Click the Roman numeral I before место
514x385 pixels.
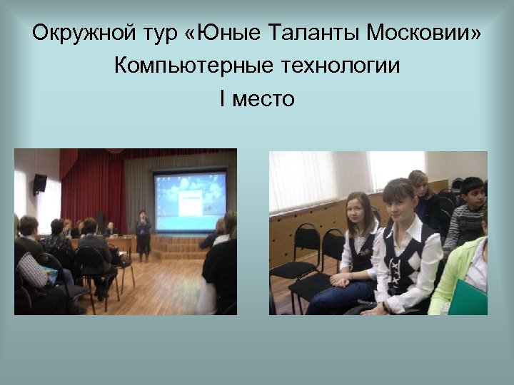[223, 99]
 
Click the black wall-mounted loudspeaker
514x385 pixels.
[40, 183]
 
